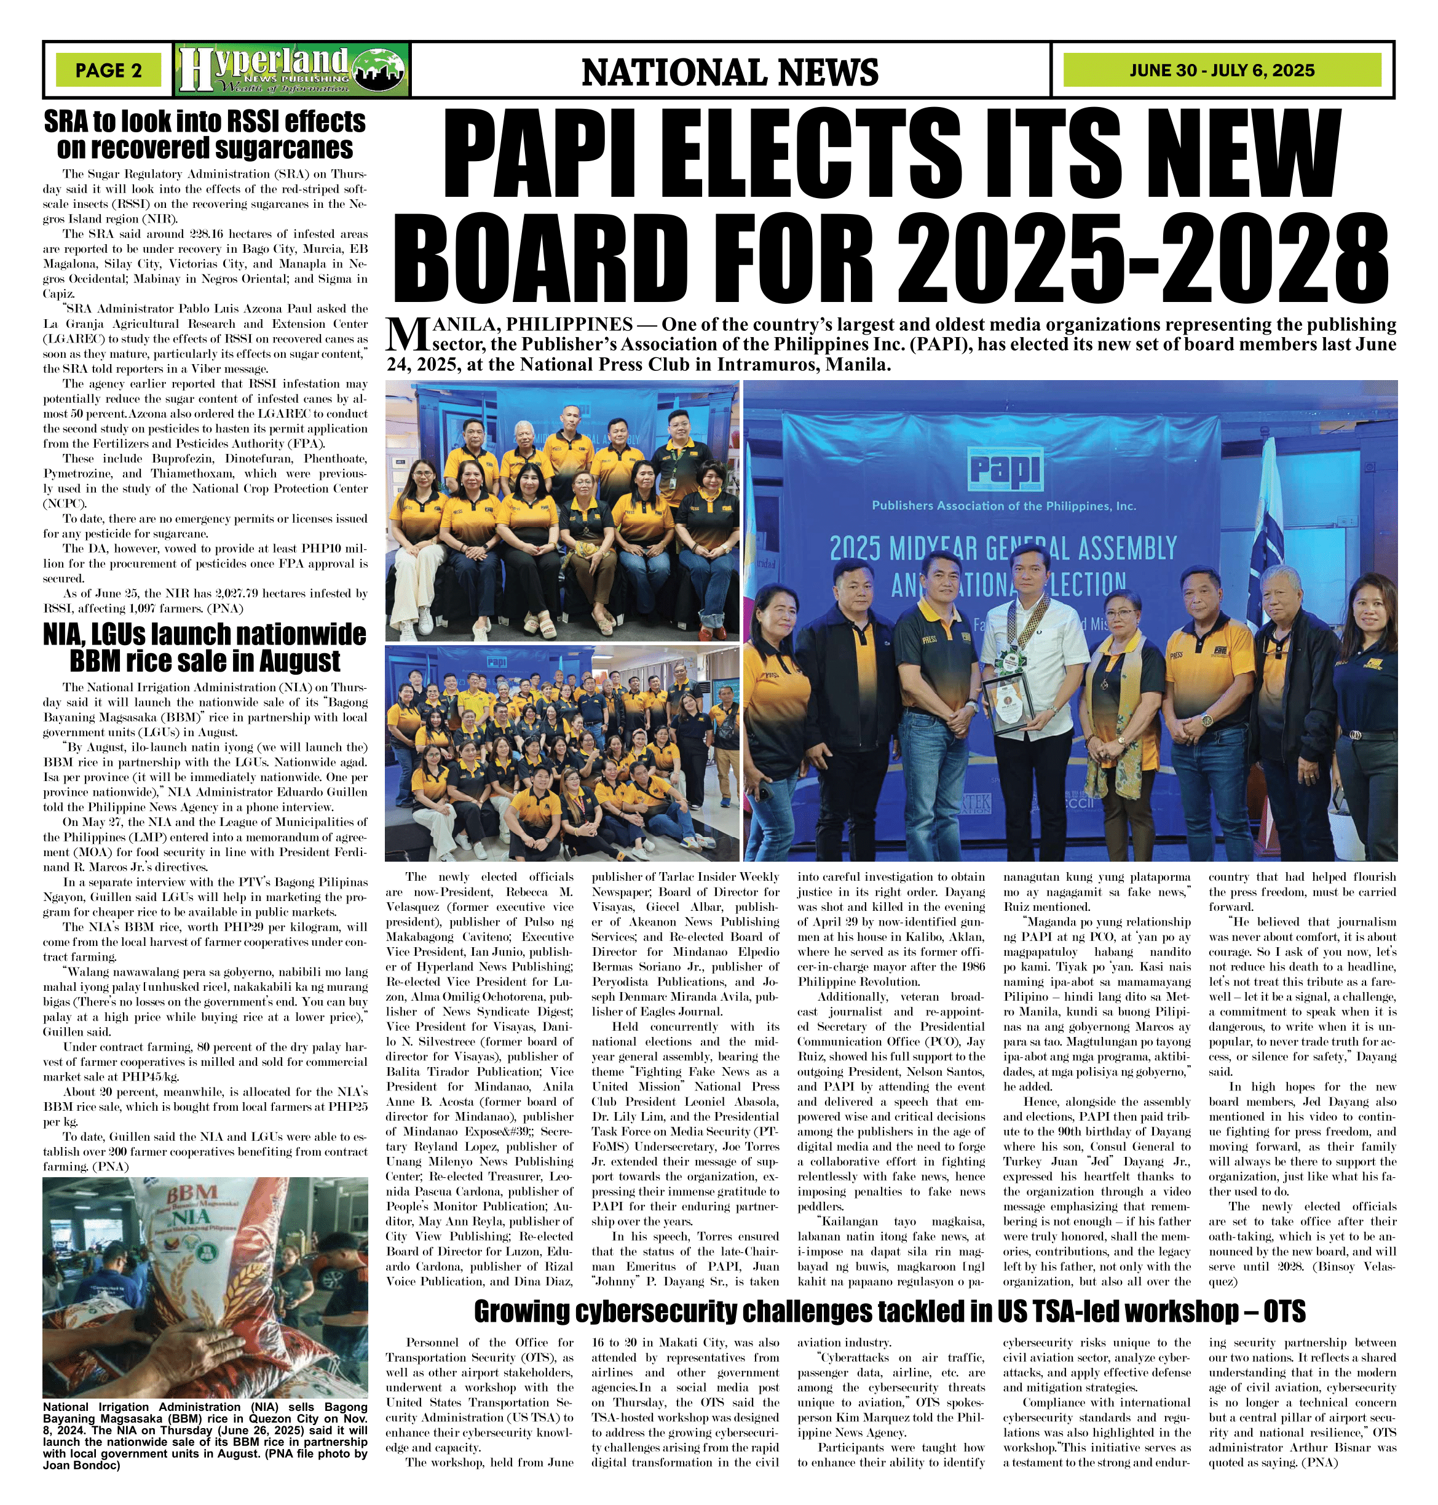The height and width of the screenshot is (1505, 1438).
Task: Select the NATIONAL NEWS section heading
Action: [x=730, y=72]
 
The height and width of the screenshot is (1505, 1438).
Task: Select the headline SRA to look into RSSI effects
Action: [x=205, y=134]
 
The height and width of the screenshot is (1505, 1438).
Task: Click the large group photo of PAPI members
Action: [x=562, y=752]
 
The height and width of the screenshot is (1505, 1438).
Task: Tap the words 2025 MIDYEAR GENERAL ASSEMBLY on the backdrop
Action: [x=1003, y=550]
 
